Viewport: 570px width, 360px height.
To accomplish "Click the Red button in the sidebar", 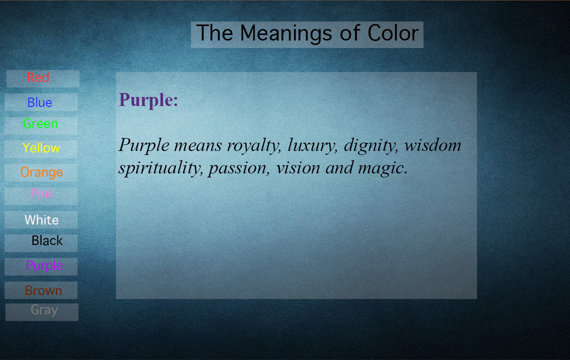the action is (43, 78).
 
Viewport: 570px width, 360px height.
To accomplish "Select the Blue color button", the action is (41, 102).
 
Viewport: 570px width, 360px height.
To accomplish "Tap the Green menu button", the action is (41, 125).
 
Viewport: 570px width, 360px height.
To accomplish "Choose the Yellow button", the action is (41, 149).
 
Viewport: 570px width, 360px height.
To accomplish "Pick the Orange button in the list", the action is (41, 172).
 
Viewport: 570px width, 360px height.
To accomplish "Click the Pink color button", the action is (41, 196).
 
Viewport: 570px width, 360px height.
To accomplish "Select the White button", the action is (41, 219).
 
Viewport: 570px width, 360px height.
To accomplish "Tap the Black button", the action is (41, 243).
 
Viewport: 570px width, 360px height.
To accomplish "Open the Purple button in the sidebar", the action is (41, 266).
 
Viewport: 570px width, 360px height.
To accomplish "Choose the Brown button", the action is (41, 290).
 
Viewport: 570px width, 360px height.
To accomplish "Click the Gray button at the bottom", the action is (42, 312).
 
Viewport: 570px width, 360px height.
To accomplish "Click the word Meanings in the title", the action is (286, 34).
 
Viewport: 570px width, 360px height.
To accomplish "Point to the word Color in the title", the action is (393, 33).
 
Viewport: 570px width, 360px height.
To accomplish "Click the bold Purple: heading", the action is (148, 100).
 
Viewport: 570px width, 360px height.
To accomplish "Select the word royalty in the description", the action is (254, 146).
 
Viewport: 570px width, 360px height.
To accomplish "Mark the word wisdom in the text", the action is (432, 145).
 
